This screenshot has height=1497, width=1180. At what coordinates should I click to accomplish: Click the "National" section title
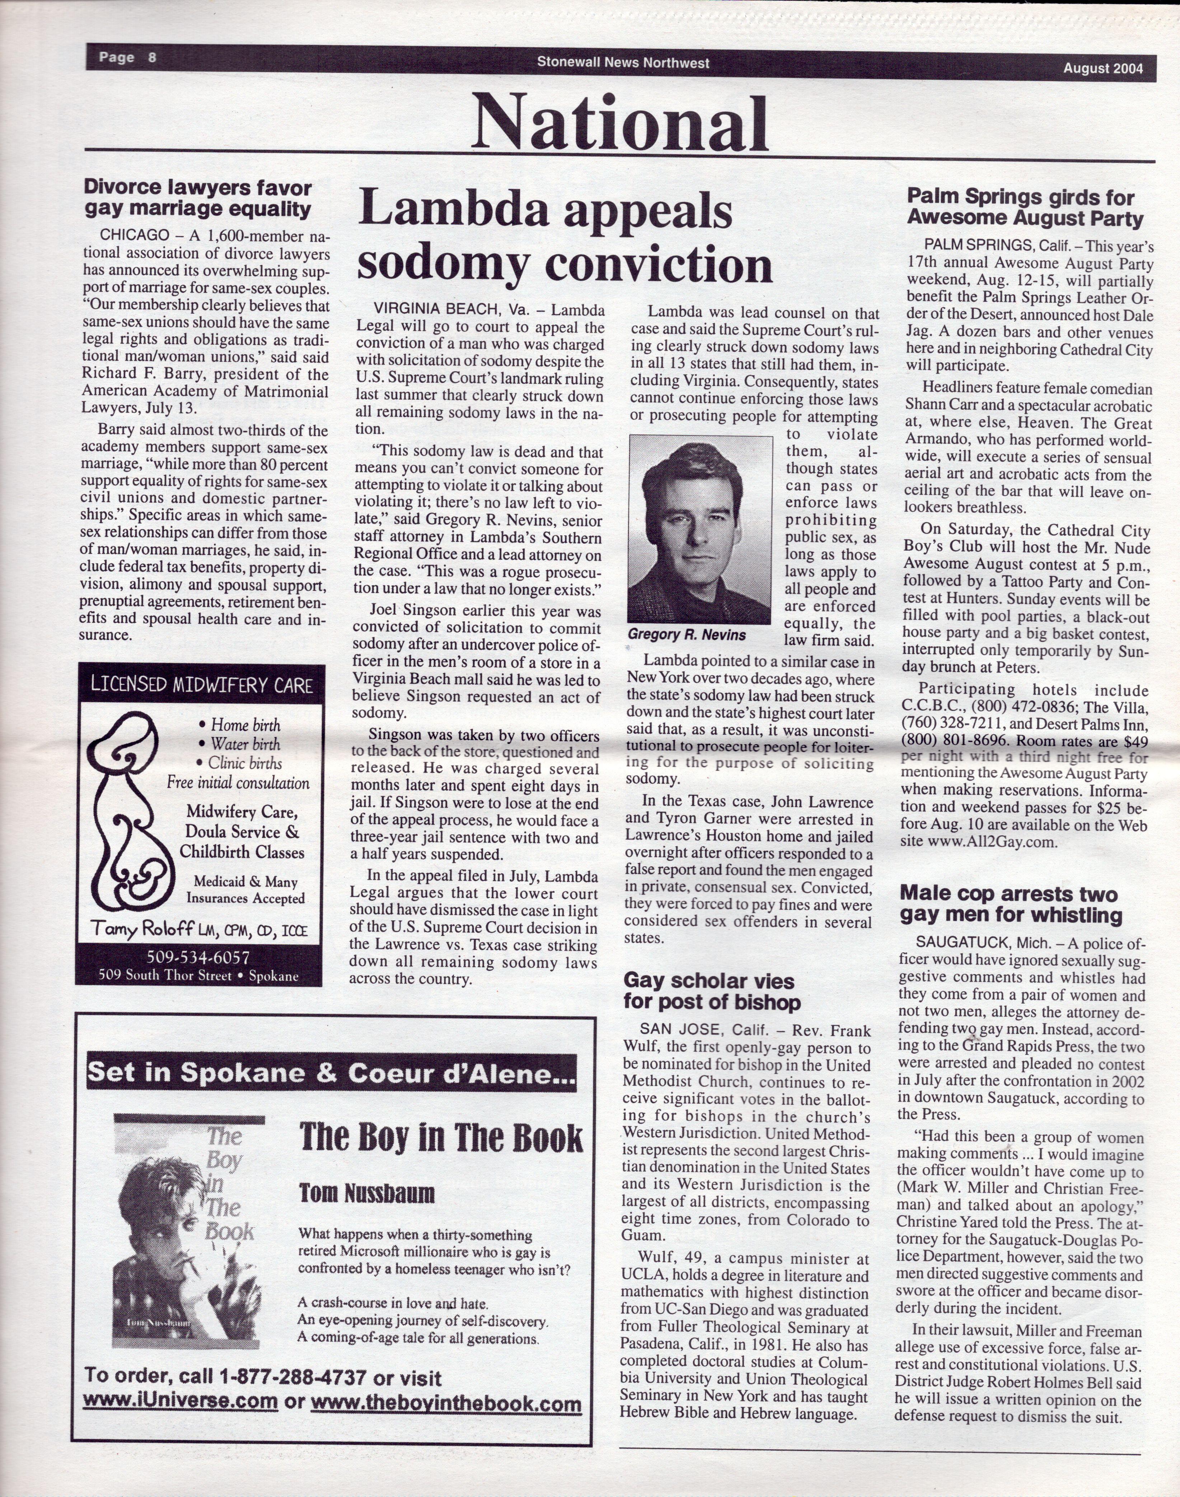pyautogui.click(x=620, y=125)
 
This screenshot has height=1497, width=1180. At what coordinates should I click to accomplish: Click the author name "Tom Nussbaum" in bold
pyautogui.click(x=366, y=1193)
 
